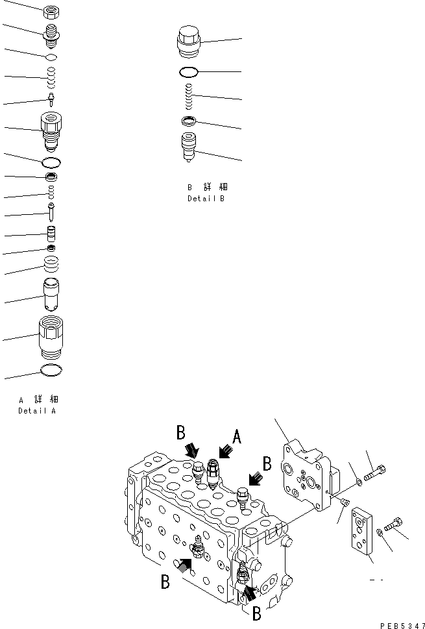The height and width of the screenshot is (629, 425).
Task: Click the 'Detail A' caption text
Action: click(37, 411)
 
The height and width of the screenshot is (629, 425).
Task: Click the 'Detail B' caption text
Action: click(206, 199)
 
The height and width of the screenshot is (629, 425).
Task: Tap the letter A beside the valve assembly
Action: click(237, 438)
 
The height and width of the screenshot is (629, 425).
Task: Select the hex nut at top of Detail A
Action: click(51, 11)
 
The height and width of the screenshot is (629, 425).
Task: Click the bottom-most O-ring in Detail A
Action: click(51, 371)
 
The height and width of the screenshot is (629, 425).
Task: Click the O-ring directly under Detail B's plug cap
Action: click(190, 71)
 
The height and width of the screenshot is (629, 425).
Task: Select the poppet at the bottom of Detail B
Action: click(189, 148)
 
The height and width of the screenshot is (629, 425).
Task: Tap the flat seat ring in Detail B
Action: click(189, 121)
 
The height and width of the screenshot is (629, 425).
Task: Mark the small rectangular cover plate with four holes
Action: click(361, 532)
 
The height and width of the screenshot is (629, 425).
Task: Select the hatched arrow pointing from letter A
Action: click(224, 449)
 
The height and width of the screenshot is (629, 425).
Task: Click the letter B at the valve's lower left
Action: click(165, 582)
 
